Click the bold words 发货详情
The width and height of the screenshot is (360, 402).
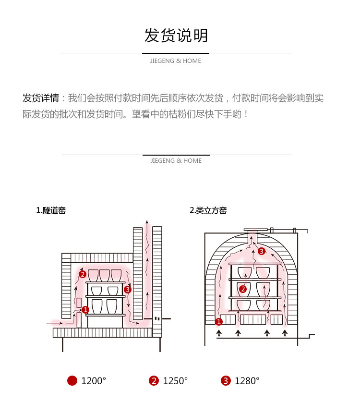click(x=41, y=98)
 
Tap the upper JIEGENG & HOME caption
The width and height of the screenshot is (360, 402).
click(x=176, y=61)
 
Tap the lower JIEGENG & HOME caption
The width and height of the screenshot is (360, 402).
click(x=176, y=161)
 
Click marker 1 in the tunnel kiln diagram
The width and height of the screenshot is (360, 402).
click(x=85, y=310)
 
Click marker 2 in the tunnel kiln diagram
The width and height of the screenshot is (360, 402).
click(x=83, y=274)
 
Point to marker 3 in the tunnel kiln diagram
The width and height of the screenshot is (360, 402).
click(x=127, y=289)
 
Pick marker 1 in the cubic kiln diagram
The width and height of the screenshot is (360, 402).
click(x=219, y=321)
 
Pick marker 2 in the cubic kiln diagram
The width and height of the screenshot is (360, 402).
click(x=243, y=289)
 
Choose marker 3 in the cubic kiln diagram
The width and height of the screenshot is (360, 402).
click(x=261, y=251)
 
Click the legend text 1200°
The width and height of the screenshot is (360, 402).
click(x=94, y=381)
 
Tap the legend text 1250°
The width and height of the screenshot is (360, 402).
click(x=175, y=381)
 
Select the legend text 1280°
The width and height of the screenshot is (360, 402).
click(x=247, y=381)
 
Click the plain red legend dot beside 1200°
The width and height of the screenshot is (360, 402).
click(x=72, y=381)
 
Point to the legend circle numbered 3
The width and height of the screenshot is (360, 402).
click(x=226, y=381)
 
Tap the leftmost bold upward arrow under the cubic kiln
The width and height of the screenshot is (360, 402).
click(x=219, y=332)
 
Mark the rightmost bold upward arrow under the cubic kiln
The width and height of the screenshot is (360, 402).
click(x=285, y=332)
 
